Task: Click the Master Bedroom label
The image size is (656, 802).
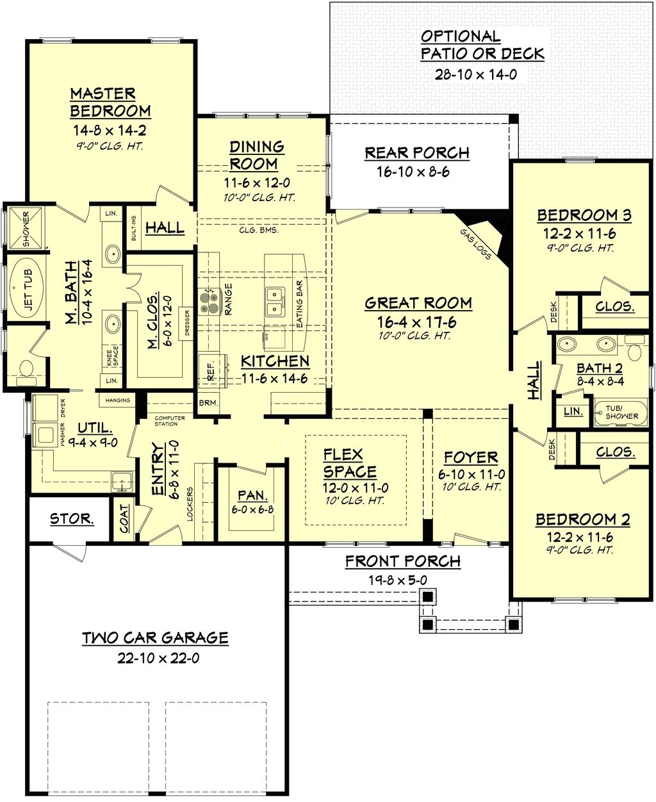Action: (110, 102)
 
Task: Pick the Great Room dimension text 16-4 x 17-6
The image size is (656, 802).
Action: (418, 322)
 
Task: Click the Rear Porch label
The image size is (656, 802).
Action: (417, 153)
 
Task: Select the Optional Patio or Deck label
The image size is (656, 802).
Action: (482, 45)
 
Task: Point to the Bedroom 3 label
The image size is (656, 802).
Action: (584, 215)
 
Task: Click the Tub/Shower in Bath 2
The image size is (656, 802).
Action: (621, 411)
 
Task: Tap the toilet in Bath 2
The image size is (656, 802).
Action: (634, 351)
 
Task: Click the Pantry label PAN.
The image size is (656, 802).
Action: (252, 495)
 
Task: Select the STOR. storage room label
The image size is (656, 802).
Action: (72, 519)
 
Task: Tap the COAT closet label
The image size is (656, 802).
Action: (124, 518)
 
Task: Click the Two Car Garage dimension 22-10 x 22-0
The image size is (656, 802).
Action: (158, 658)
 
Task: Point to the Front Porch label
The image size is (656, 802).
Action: (402, 562)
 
